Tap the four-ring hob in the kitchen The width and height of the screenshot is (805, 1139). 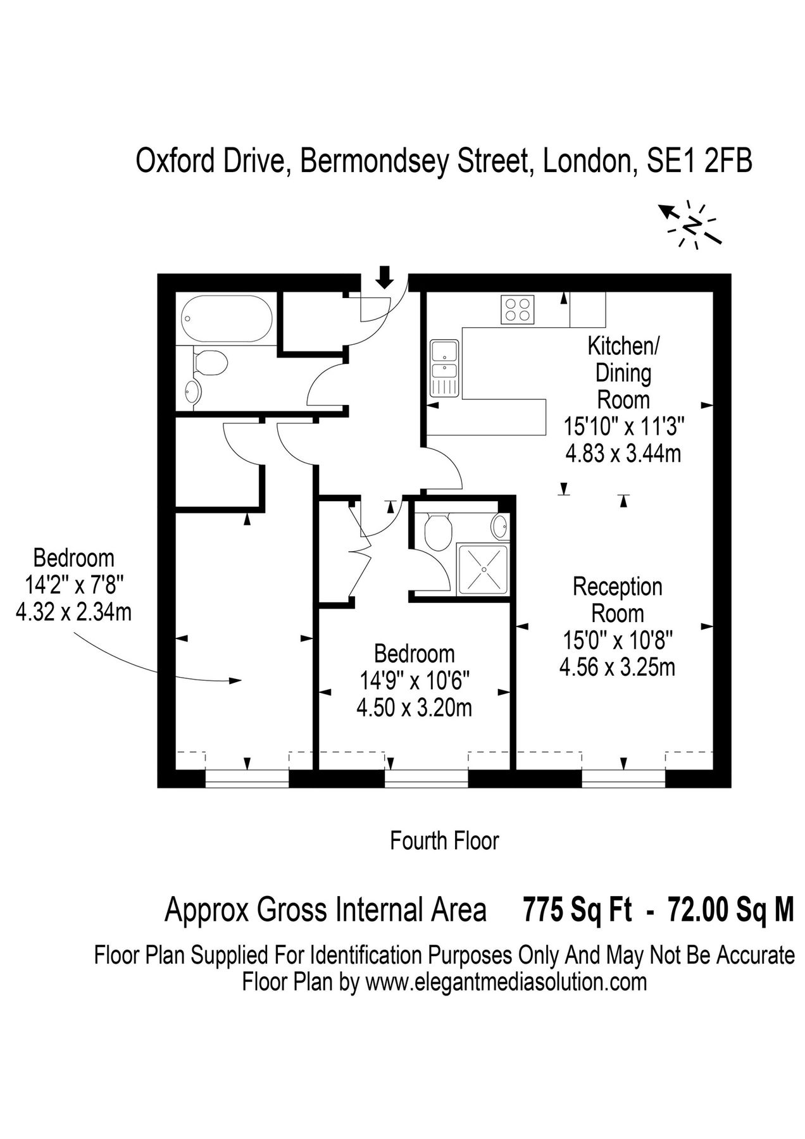(517, 309)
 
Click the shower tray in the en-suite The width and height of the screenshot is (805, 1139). (482, 569)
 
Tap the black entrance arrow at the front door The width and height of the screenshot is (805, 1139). (383, 277)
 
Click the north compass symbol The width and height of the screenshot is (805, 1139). (693, 225)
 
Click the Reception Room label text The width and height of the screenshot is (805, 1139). (617, 600)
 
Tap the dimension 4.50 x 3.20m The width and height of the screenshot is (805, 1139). (414, 707)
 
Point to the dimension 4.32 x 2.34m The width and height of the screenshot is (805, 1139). (73, 612)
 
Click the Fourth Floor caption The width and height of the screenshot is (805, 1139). (444, 841)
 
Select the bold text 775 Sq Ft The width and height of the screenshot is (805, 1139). (577, 911)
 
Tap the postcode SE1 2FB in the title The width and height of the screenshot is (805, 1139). (699, 161)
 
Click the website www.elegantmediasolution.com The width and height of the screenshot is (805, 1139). (506, 982)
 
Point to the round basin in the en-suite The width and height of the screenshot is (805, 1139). (500, 525)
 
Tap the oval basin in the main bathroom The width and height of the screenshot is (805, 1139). (192, 392)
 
